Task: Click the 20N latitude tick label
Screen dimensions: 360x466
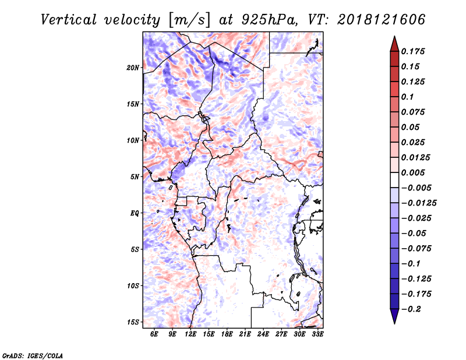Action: coord(133,68)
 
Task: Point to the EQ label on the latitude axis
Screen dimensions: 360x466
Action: coord(135,213)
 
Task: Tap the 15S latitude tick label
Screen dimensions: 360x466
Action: coord(133,322)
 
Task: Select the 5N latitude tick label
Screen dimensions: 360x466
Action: coord(135,177)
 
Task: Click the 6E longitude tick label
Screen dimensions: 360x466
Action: coord(154,334)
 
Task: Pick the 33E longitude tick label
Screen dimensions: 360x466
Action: coord(318,334)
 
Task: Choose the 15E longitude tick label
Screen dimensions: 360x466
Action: coord(209,334)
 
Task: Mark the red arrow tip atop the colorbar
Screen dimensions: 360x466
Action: coord(394,40)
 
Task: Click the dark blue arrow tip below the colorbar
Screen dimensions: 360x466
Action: coord(394,319)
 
